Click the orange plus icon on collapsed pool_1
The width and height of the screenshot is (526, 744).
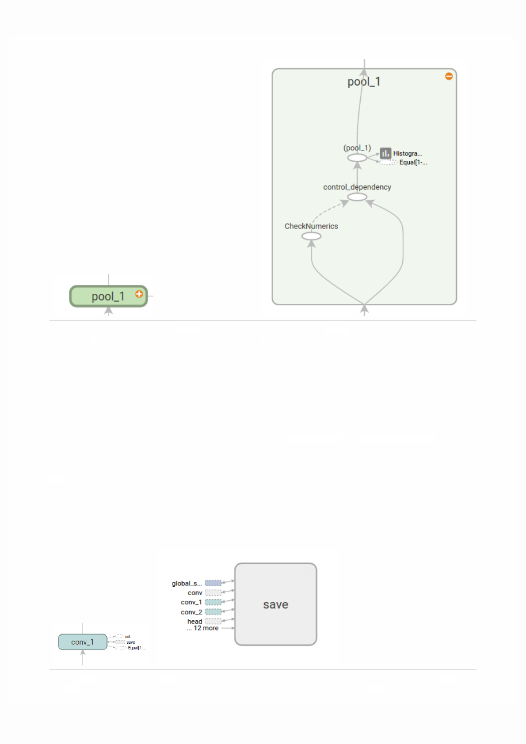(x=139, y=294)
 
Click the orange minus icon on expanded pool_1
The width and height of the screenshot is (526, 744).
(x=449, y=76)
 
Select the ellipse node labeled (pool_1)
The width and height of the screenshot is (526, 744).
(x=357, y=158)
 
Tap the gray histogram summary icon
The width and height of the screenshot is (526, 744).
(x=385, y=153)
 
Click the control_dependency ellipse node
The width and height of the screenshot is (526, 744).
(x=357, y=197)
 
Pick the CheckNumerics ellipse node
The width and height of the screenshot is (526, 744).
(x=311, y=236)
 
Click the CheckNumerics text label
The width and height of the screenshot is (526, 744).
(x=311, y=226)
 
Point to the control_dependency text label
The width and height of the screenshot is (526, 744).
(x=357, y=187)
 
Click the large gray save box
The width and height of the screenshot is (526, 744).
(x=275, y=604)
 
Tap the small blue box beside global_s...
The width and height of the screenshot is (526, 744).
(x=213, y=583)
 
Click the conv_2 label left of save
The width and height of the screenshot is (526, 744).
(x=191, y=612)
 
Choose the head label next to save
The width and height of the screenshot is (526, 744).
(x=194, y=621)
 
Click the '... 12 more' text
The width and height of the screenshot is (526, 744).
(x=202, y=628)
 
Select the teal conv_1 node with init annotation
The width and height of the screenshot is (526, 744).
(x=83, y=642)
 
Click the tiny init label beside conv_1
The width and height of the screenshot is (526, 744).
(x=128, y=637)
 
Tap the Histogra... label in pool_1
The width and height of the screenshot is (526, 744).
(x=408, y=154)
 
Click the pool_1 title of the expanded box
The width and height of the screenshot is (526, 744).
(x=364, y=82)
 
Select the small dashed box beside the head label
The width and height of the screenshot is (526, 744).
(x=213, y=621)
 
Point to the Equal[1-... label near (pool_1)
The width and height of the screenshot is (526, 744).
(x=413, y=163)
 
